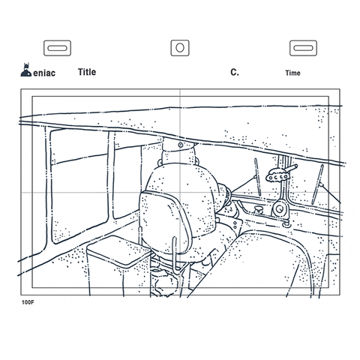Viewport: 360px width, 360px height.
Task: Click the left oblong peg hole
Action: tap(57, 48)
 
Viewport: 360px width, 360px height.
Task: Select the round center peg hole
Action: tap(180, 48)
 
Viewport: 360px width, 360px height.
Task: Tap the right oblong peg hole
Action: tap(303, 48)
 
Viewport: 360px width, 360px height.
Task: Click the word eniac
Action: tap(44, 73)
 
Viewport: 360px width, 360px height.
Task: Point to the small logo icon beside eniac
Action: tap(26, 70)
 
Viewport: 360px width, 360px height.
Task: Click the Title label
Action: tap(87, 72)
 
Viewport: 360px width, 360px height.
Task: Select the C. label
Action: tap(235, 72)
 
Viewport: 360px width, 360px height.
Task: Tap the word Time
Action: tap(292, 73)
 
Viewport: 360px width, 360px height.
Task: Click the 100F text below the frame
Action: tap(28, 302)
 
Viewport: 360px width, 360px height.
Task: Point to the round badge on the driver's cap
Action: tap(181, 145)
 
